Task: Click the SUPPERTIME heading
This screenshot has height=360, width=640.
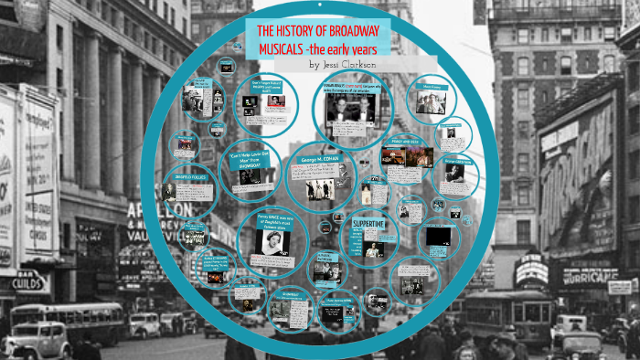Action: click(x=368, y=221)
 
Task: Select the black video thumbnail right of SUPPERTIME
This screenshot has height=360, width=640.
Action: click(x=438, y=236)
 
